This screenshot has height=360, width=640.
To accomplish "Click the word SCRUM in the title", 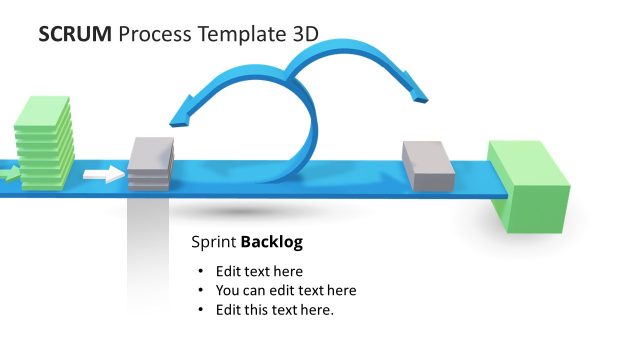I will click(75, 34).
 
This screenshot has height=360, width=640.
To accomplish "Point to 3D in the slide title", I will click(305, 34).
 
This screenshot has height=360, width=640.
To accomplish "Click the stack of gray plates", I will click(151, 163).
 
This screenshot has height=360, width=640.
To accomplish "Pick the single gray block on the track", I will click(428, 165).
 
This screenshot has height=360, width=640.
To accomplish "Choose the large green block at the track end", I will click(527, 187).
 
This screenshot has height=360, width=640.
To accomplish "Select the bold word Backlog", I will click(272, 242).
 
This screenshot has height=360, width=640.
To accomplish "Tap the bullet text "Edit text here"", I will click(259, 271).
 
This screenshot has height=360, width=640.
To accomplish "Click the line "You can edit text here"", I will click(286, 290).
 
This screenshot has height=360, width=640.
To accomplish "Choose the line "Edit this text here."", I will click(275, 309).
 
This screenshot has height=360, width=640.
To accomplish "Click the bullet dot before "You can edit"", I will click(201, 291).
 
